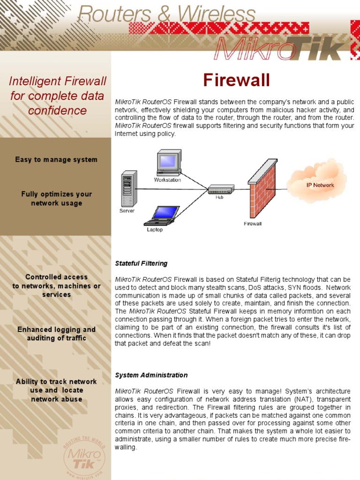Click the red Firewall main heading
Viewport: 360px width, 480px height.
click(x=236, y=81)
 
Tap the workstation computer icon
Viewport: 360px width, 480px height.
click(x=169, y=162)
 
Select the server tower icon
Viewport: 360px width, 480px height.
click(x=129, y=188)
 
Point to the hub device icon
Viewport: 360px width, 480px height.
click(x=221, y=189)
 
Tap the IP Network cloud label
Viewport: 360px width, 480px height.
click(x=320, y=185)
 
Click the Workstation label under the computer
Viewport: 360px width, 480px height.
click(x=167, y=180)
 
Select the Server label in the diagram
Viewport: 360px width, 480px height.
click(x=127, y=211)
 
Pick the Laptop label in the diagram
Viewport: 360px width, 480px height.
click(x=155, y=230)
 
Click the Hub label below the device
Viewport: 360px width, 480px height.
click(x=219, y=197)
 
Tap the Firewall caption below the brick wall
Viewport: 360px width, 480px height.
click(x=253, y=224)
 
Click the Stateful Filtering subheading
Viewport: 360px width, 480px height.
click(x=141, y=263)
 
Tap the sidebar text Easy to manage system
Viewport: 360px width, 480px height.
click(x=56, y=159)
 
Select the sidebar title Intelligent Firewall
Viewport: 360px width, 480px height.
click(x=58, y=82)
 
